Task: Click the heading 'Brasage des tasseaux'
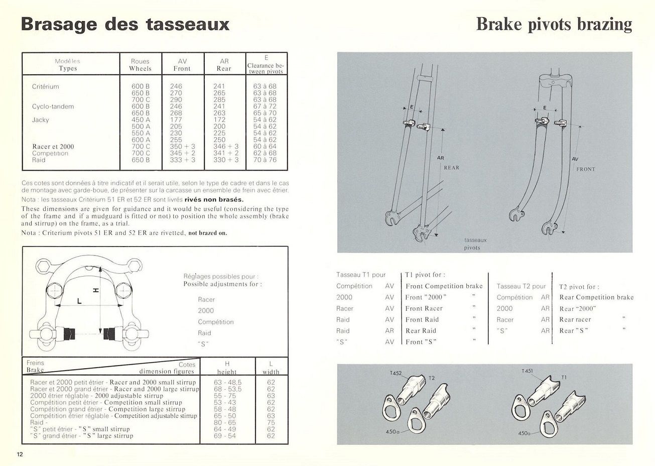tap(125, 24)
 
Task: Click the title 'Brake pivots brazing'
tap(554, 24)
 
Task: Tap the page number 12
tap(20, 454)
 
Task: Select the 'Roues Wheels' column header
tap(140, 65)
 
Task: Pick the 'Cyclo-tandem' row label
tap(53, 106)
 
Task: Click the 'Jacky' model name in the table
tap(40, 120)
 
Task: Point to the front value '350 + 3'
tap(182, 147)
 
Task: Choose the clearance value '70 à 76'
tap(265, 160)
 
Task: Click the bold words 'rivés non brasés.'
tap(214, 199)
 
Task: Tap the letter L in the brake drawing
tap(79, 301)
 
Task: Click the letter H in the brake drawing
tap(96, 290)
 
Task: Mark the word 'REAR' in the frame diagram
tap(451, 168)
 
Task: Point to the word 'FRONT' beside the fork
tap(585, 169)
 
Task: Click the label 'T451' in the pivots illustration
tap(528, 371)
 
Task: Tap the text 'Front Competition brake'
tap(444, 286)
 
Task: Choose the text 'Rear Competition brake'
tap(596, 297)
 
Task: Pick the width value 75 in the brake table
tap(271, 423)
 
